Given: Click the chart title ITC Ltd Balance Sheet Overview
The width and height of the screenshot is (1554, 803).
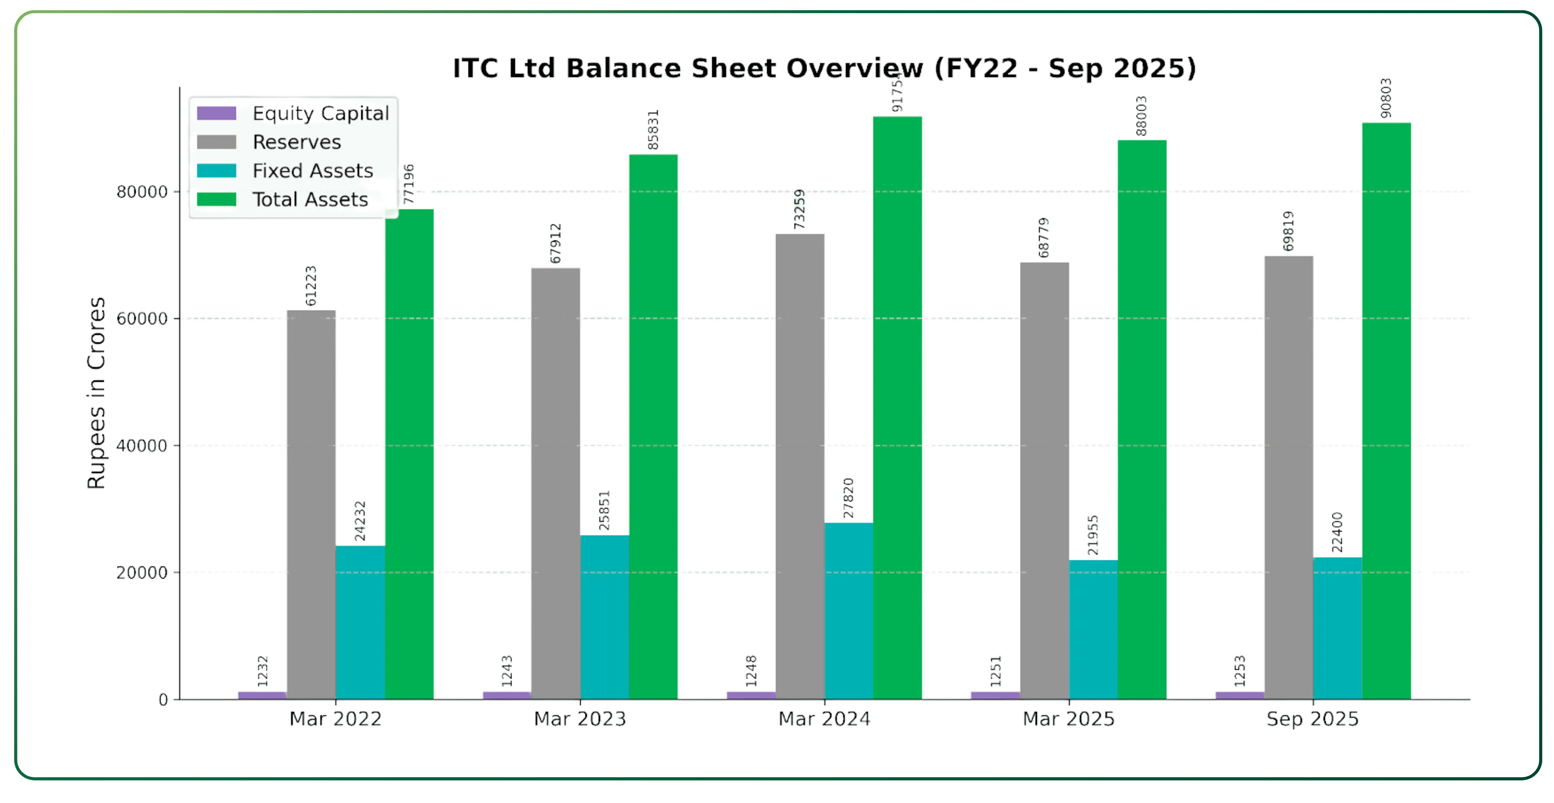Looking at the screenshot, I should [824, 68].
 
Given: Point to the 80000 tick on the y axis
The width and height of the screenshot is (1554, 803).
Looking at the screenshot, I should [142, 192].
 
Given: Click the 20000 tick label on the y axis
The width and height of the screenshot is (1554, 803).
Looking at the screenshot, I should [142, 573].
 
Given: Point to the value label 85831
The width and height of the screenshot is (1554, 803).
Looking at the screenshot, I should [653, 130].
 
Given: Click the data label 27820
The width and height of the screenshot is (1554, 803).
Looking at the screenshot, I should [848, 498].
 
